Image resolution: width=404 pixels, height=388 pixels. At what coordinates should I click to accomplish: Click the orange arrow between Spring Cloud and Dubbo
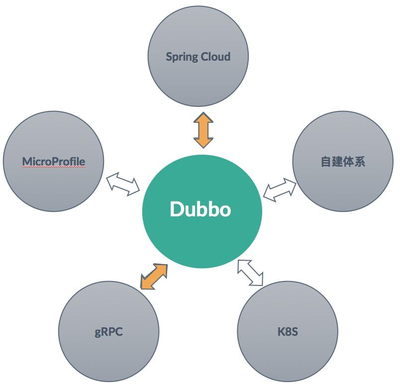click(x=203, y=130)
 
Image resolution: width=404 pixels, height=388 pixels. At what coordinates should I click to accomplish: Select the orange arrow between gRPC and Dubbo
click(x=154, y=276)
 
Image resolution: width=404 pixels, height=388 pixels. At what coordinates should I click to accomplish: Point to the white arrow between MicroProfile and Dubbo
click(x=123, y=183)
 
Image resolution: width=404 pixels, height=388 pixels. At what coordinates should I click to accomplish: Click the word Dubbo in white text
click(x=201, y=209)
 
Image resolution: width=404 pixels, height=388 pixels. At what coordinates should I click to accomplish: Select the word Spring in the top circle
click(x=182, y=57)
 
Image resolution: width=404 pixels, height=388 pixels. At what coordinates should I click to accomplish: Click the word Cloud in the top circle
click(x=215, y=56)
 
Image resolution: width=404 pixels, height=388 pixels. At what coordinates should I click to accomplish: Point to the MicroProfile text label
click(x=54, y=162)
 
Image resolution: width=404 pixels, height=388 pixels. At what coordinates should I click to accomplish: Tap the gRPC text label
click(x=108, y=332)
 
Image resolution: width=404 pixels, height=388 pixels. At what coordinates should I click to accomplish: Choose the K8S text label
click(x=288, y=332)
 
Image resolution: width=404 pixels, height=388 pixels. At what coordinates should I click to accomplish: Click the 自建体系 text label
click(x=343, y=162)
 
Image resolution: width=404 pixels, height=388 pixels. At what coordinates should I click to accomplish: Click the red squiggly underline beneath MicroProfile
click(x=54, y=168)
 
